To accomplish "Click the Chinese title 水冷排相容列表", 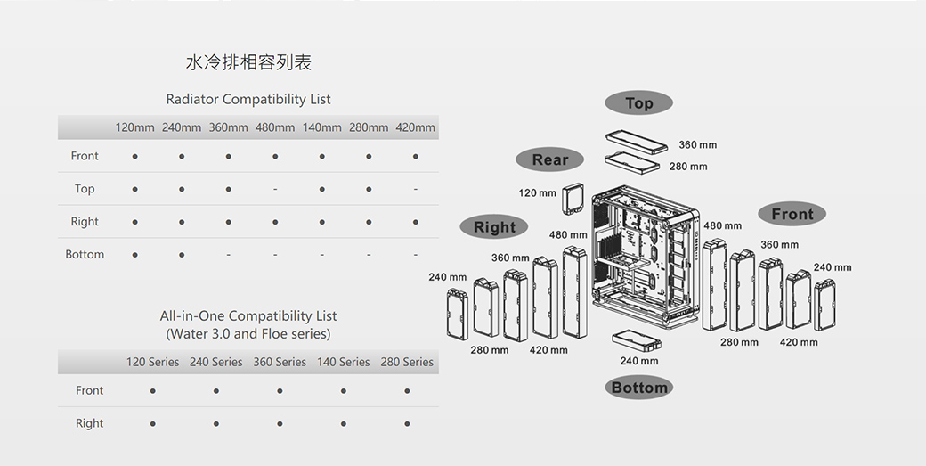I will point(248,62).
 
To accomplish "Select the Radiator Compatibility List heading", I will point(248,99).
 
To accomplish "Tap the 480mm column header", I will point(275,127).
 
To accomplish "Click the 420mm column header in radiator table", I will point(415,127).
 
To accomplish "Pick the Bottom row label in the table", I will point(85,255).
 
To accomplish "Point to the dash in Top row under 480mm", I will point(275,190).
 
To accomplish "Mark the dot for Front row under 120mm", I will point(134,157).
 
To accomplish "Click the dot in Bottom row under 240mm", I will point(182,256).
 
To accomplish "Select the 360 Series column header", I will point(280,362).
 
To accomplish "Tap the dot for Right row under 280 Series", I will point(407,424).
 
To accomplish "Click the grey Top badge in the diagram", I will point(638,103).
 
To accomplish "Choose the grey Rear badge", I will point(549,160).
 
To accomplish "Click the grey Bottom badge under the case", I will point(638,388).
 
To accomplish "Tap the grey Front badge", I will point(792,215).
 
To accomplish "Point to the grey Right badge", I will point(494,227).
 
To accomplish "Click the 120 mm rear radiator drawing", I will point(574,199).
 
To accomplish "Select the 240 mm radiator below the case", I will point(636,340).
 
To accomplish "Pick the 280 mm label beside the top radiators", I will point(688,167).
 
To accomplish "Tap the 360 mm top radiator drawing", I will point(636,143).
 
